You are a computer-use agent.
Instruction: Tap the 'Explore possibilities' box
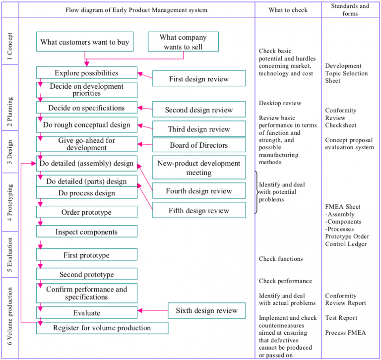point(86,73)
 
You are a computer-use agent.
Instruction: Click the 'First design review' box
point(198,79)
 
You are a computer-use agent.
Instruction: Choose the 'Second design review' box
point(198,110)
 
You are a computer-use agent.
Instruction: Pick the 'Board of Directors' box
point(198,145)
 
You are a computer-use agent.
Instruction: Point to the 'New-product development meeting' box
point(198,168)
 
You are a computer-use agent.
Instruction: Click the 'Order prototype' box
point(86,212)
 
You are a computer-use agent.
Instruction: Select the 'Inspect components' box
point(86,232)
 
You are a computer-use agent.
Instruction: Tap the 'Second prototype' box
point(86,274)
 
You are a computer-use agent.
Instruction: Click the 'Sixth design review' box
point(206,311)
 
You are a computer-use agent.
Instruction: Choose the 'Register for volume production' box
point(102,328)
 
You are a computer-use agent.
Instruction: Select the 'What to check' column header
point(288,10)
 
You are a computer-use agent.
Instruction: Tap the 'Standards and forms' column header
point(350,10)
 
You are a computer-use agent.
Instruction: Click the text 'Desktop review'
point(280,103)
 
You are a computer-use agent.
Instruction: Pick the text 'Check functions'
point(280,259)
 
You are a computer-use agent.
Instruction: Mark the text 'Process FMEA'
point(345,333)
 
